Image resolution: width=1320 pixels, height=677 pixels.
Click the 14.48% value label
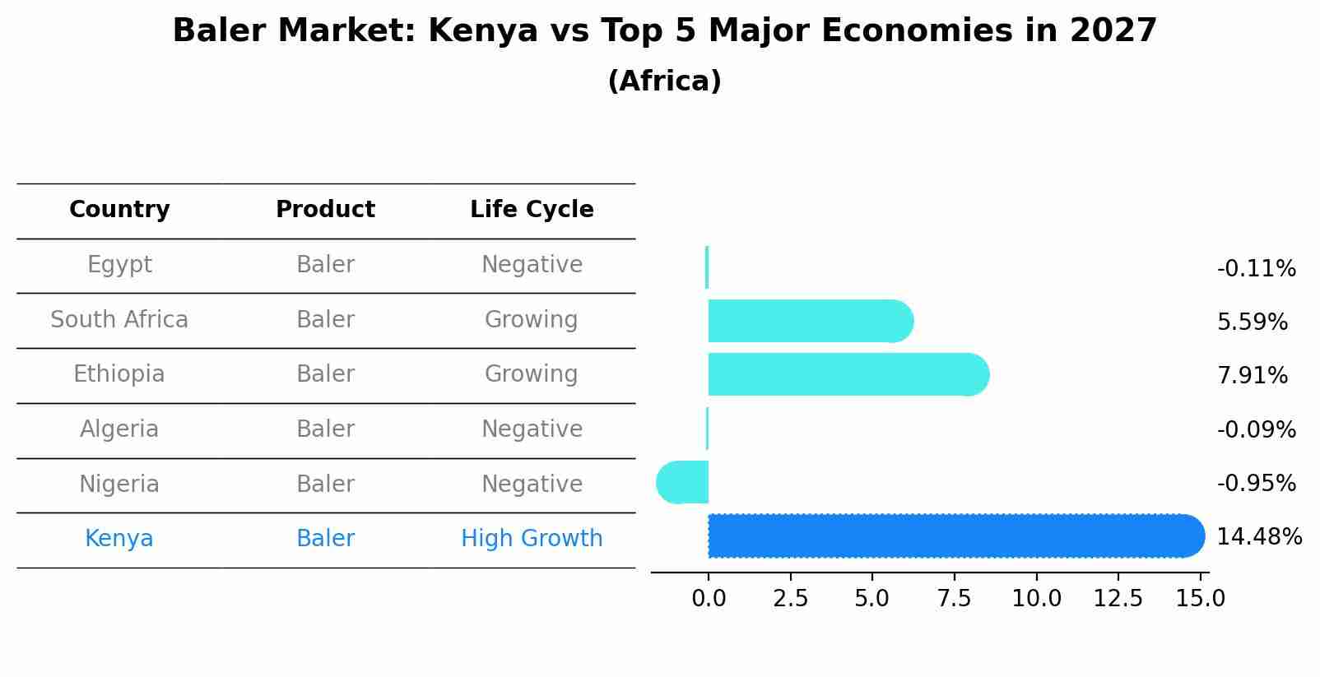tap(1259, 537)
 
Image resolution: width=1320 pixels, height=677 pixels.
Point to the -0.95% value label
tap(1256, 484)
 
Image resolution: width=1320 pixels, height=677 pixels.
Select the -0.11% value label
tap(1256, 269)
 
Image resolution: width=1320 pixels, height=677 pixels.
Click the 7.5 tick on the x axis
tap(954, 599)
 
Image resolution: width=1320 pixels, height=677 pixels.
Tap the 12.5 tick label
tap(1118, 599)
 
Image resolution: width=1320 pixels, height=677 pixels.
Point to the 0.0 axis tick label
tap(709, 599)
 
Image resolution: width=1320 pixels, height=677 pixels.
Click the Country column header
tap(119, 210)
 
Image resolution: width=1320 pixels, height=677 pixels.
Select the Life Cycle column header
tap(532, 210)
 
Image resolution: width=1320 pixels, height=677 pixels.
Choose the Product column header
tap(325, 210)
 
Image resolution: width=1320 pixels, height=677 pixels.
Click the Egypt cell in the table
tap(119, 265)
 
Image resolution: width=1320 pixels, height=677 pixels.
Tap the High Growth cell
tap(532, 539)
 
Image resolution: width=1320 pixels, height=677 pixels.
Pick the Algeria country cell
tap(119, 429)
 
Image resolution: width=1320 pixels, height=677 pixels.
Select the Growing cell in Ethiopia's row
tap(531, 374)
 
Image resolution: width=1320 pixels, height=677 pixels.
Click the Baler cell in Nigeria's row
tap(325, 484)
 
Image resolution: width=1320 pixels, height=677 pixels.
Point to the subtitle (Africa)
tap(664, 81)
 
